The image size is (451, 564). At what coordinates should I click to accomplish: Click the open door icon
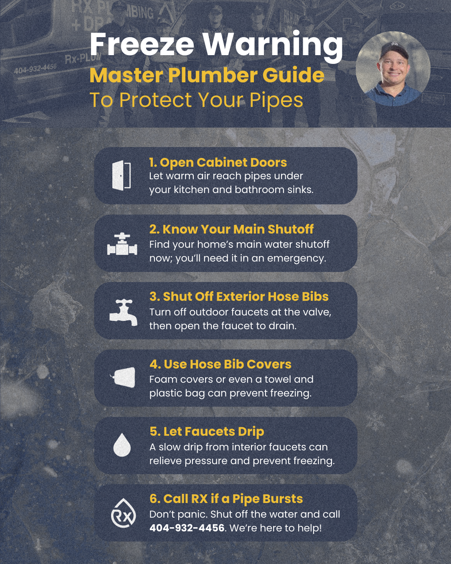pos(122,175)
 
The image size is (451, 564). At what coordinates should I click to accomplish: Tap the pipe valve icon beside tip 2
pos(122,245)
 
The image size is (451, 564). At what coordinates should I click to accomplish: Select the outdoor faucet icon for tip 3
pos(123,312)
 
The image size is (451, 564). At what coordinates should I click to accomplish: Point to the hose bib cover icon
pos(123,377)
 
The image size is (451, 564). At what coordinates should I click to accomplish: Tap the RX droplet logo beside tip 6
pos(123,513)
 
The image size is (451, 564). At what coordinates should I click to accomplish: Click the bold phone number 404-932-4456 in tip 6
pos(187,528)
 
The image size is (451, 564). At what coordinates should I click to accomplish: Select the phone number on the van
pos(35,69)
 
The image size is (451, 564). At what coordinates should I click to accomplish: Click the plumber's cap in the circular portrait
pos(394,50)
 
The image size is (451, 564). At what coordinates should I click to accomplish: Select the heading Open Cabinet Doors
pos(218,162)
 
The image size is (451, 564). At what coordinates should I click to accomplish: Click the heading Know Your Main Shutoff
pos(231,229)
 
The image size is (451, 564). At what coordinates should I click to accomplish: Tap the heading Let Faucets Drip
pos(207,431)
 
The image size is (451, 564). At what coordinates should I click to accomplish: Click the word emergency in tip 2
pos(296,258)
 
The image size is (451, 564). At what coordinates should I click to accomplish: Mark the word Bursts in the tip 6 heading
pos(283,498)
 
